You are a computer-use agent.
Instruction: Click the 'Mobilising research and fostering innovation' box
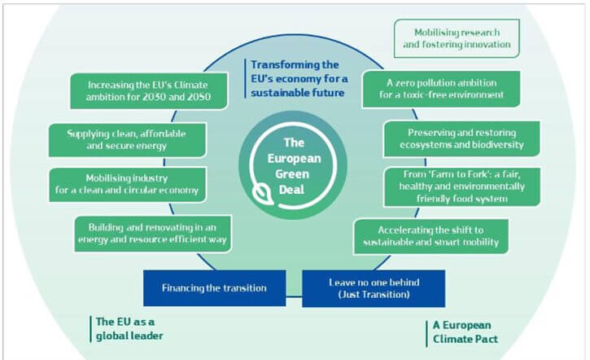(x=457, y=38)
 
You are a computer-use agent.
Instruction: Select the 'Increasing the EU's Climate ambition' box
(x=149, y=90)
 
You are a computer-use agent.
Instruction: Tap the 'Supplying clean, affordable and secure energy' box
(x=127, y=140)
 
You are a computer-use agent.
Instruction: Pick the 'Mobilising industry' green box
(x=127, y=185)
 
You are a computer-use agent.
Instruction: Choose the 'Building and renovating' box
(x=152, y=234)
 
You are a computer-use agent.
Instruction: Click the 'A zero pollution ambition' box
(x=441, y=89)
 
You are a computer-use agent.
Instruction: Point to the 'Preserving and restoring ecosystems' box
(x=461, y=138)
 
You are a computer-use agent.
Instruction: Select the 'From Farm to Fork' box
(x=461, y=187)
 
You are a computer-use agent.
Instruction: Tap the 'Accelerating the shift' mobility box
(x=430, y=236)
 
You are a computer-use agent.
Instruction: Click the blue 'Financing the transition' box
(x=215, y=288)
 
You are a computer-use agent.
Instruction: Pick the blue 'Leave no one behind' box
(x=374, y=288)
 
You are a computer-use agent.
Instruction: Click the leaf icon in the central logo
(x=263, y=195)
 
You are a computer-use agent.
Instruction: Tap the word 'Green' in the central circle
(x=292, y=174)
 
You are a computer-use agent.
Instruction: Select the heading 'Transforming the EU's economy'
(x=299, y=79)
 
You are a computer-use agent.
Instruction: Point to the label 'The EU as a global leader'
(x=129, y=329)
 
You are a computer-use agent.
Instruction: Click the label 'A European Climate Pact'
(x=465, y=332)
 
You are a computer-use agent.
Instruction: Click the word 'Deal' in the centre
(x=291, y=190)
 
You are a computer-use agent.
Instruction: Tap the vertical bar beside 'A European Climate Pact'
(x=426, y=334)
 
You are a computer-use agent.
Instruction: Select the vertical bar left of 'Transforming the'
(x=245, y=78)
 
